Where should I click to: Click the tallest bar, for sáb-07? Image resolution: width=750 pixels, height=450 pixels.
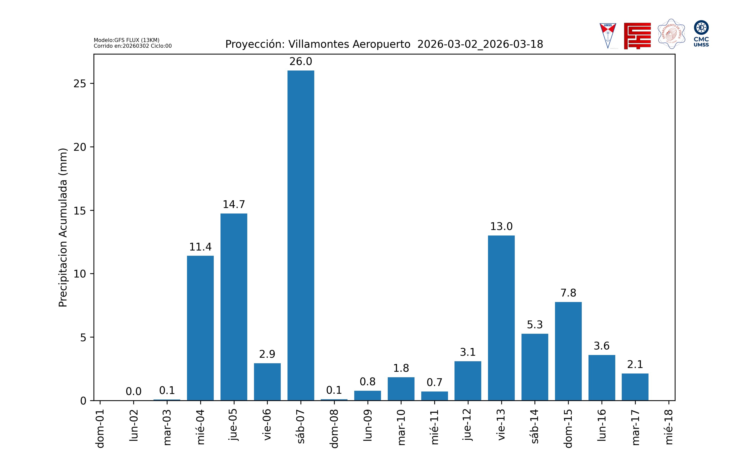(x=301, y=235)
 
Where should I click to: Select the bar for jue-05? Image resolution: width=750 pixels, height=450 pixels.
(x=234, y=307)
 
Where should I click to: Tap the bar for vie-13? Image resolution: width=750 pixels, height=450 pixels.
(x=501, y=318)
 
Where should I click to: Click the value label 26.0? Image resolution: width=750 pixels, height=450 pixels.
(x=301, y=61)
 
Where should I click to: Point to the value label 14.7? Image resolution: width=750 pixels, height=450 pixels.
(x=234, y=205)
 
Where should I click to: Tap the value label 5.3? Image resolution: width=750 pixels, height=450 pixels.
(x=535, y=325)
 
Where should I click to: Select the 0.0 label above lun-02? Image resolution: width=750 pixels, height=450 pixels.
(x=133, y=391)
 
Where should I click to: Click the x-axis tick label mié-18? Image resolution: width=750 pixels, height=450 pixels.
(x=669, y=427)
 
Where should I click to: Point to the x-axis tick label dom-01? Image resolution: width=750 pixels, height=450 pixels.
(x=100, y=428)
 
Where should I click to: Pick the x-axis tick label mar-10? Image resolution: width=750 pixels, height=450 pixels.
(x=401, y=427)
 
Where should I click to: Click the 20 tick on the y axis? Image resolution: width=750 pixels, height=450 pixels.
(x=80, y=147)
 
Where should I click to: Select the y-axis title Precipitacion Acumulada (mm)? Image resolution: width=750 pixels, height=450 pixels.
(x=63, y=227)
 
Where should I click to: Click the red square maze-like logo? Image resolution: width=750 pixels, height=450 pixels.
(x=637, y=36)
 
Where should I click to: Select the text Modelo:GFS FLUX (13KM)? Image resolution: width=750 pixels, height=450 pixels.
(x=126, y=40)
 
